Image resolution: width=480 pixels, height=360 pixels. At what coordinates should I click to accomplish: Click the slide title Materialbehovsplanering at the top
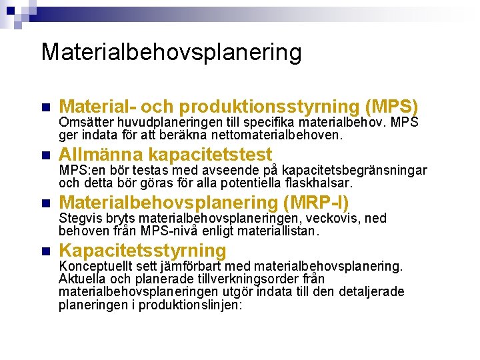[x=171, y=51]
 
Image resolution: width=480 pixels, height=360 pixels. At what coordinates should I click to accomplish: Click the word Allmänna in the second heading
[x=100, y=155]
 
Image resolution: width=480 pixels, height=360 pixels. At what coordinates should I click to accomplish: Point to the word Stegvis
[x=79, y=219]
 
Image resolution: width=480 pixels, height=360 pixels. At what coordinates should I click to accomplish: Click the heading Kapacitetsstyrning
[x=143, y=251]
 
